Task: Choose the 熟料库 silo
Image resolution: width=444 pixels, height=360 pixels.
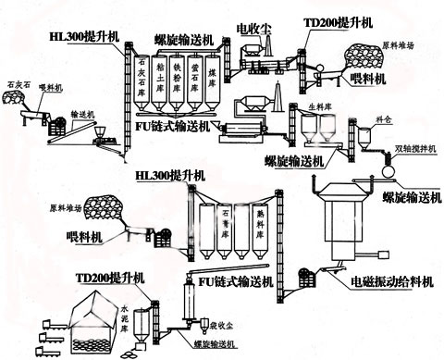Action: pos(252,228)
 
